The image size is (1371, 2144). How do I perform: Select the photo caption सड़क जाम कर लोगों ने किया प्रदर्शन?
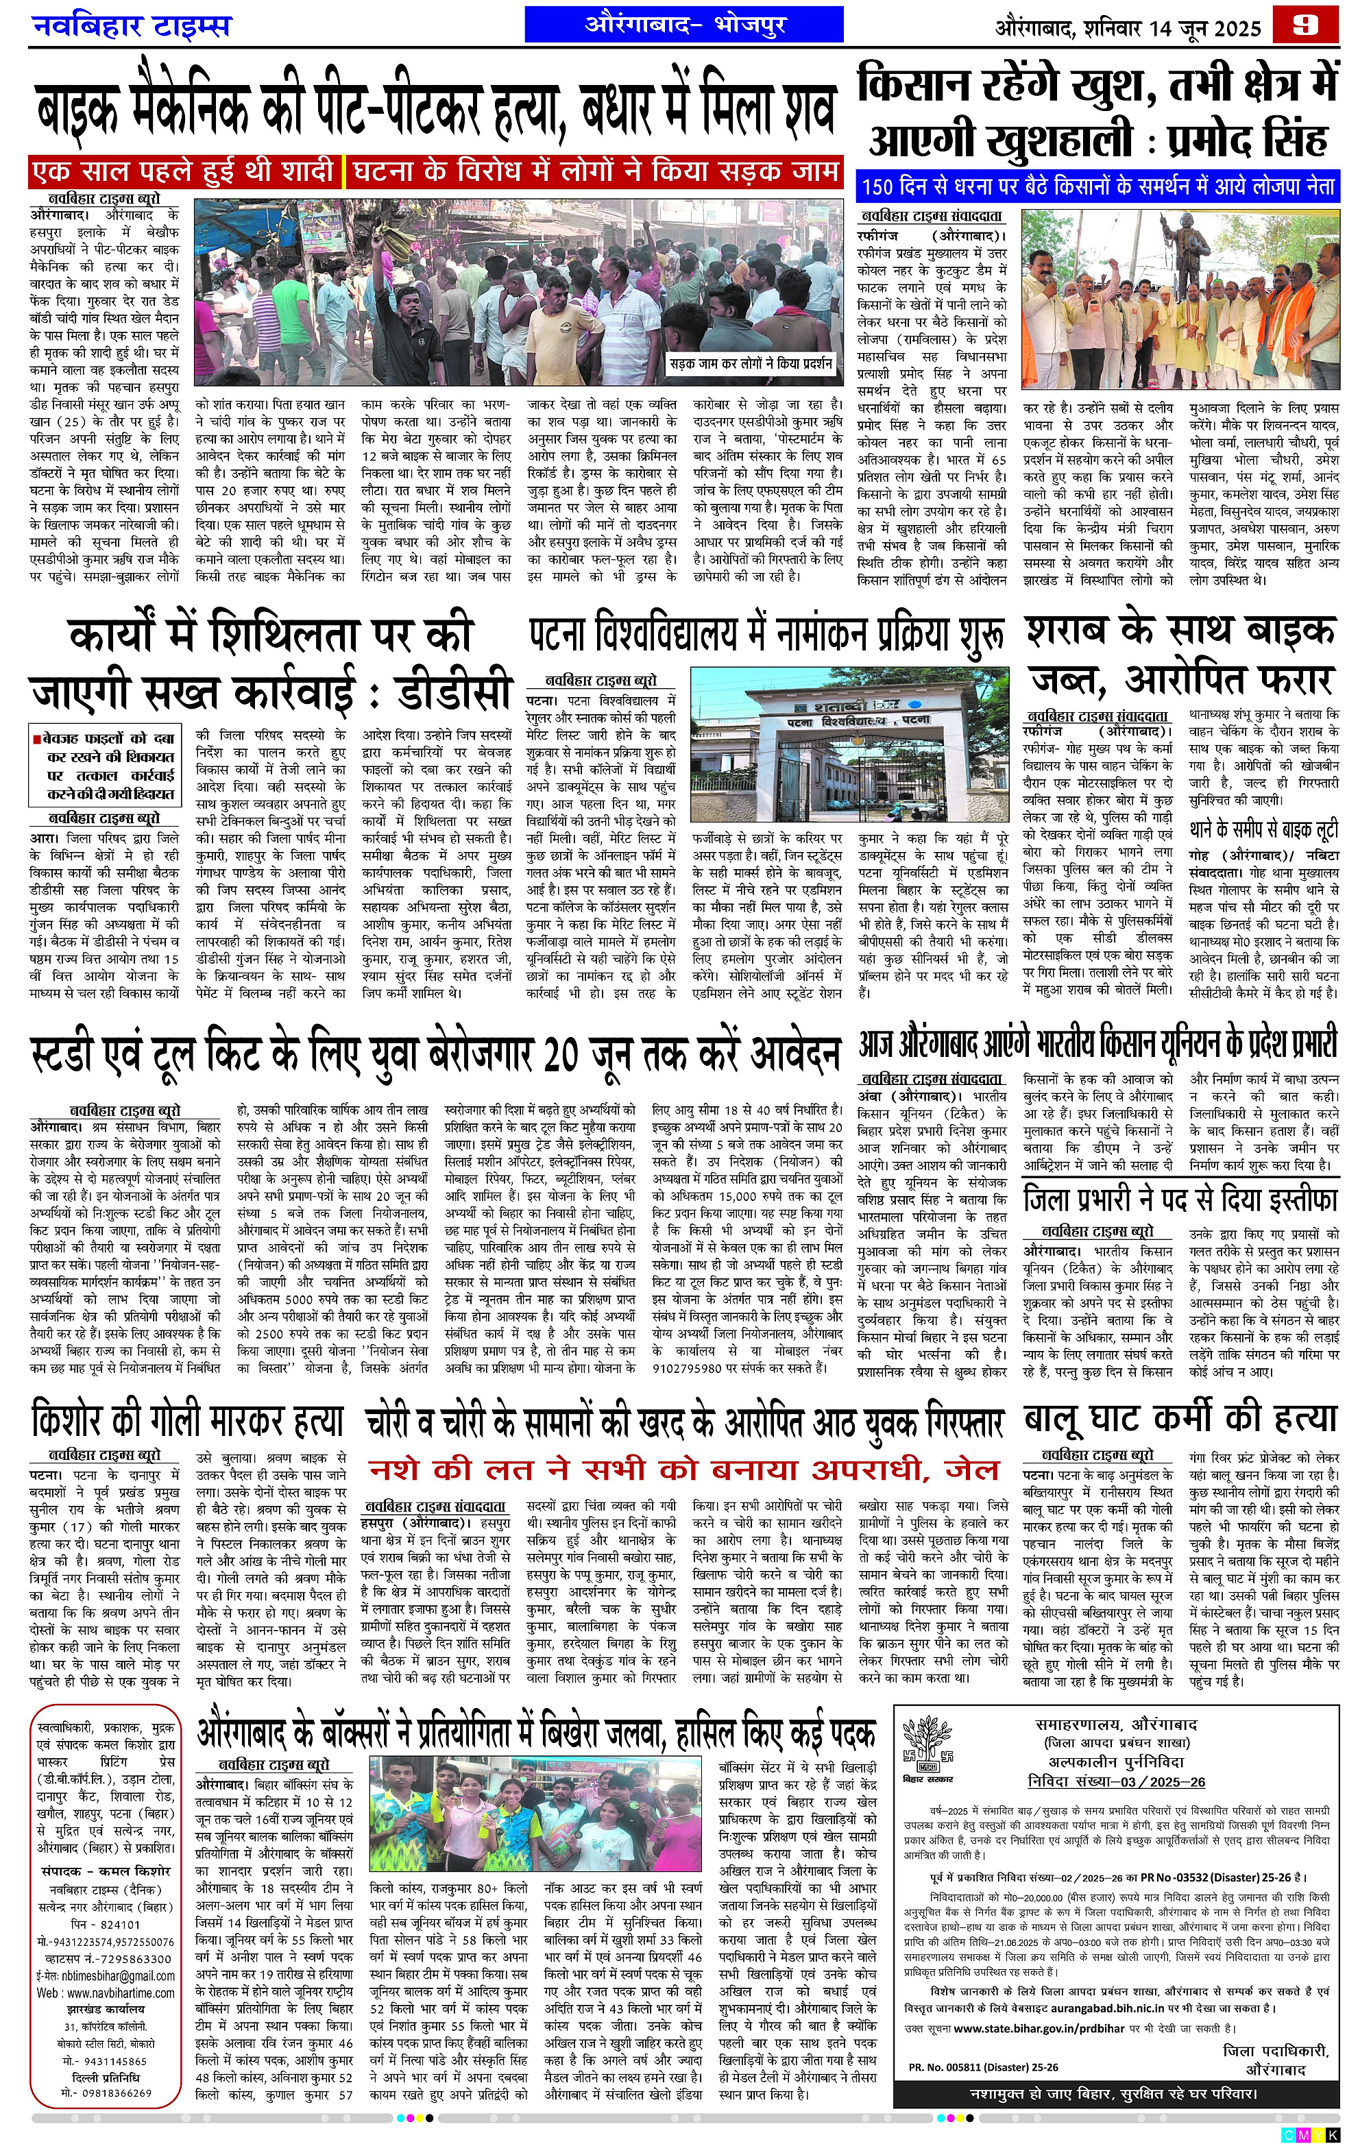point(751,363)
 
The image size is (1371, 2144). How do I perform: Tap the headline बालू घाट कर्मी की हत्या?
point(1180,1418)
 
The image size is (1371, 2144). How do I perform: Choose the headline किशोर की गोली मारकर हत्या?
point(187,1420)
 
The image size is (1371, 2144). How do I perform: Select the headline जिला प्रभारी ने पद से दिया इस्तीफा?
point(1180,1200)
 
